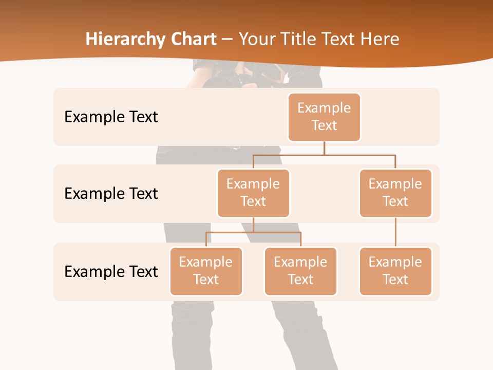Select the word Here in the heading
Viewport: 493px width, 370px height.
[x=381, y=40]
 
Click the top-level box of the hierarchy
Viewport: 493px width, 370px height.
[x=324, y=117]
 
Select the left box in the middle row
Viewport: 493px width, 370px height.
[x=253, y=193]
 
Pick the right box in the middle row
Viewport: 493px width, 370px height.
[x=395, y=193]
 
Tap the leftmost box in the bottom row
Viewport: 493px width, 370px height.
[x=206, y=271]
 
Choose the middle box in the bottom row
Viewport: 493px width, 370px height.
[x=300, y=271]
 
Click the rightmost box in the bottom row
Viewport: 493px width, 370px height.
[x=395, y=271]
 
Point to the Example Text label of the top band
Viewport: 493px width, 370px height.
[x=111, y=117]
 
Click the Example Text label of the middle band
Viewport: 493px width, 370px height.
[x=111, y=194]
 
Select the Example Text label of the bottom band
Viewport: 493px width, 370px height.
[x=111, y=271]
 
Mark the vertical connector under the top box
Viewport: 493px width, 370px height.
[x=324, y=148]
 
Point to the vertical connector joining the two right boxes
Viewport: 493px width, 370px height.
[x=395, y=232]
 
